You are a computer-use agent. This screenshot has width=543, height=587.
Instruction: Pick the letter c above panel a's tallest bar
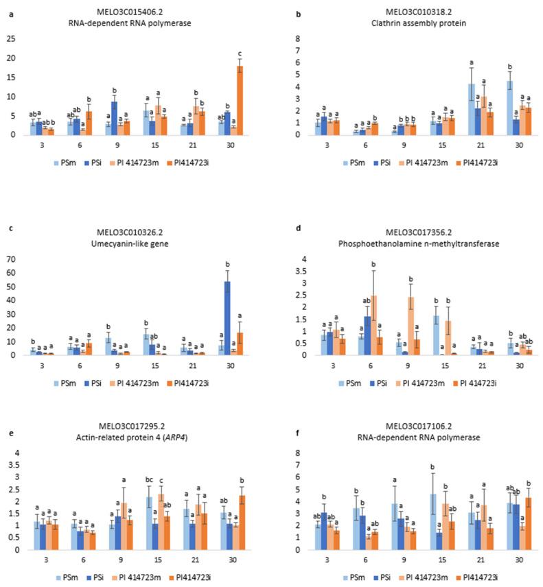coord(240,54)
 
